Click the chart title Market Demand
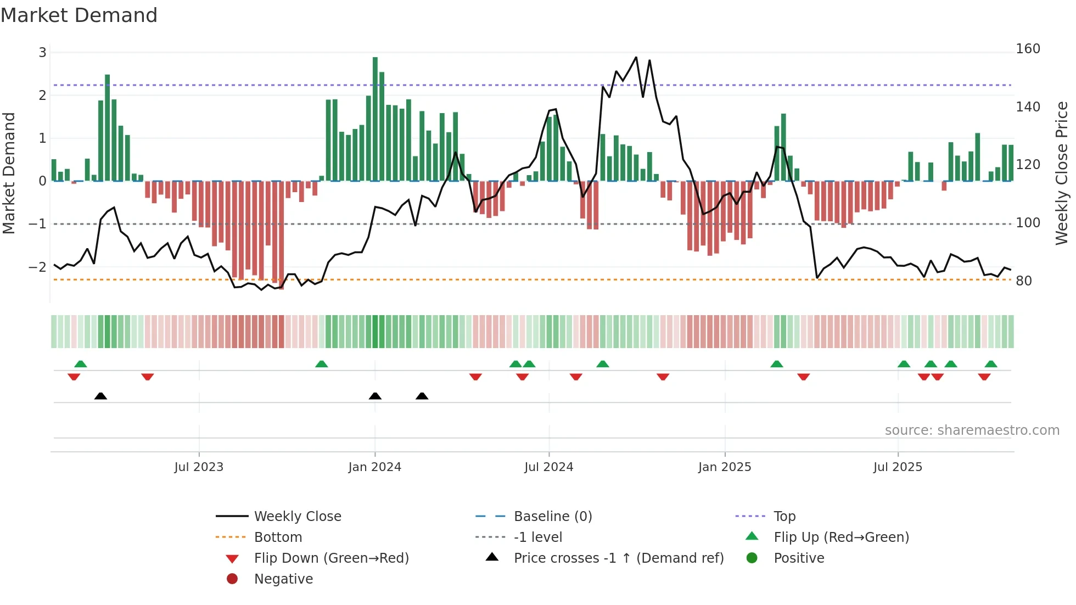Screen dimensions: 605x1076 point(79,15)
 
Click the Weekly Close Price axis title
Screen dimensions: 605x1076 point(1062,173)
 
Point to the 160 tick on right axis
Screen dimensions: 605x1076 point(1028,49)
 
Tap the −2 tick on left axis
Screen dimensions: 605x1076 point(38,267)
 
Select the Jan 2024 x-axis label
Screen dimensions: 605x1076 point(374,467)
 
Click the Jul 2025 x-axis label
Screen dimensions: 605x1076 point(898,467)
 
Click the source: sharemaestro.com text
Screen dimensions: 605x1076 point(972,430)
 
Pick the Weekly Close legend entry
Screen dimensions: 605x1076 point(297,517)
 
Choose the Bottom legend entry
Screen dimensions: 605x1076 point(278,537)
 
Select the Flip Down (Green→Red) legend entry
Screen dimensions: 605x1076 point(331,558)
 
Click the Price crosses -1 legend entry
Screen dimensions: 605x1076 point(618,558)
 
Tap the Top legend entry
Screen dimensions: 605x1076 point(784,517)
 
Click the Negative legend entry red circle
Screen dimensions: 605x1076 point(232,579)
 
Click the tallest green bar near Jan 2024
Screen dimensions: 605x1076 point(375,118)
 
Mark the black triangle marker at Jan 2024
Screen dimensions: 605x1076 point(375,396)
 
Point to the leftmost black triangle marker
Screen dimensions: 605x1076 point(100,396)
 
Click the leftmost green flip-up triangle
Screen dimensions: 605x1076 point(81,364)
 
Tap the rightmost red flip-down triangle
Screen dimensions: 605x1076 point(984,377)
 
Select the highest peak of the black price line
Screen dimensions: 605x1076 point(636,57)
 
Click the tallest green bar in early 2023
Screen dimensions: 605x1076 point(108,127)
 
